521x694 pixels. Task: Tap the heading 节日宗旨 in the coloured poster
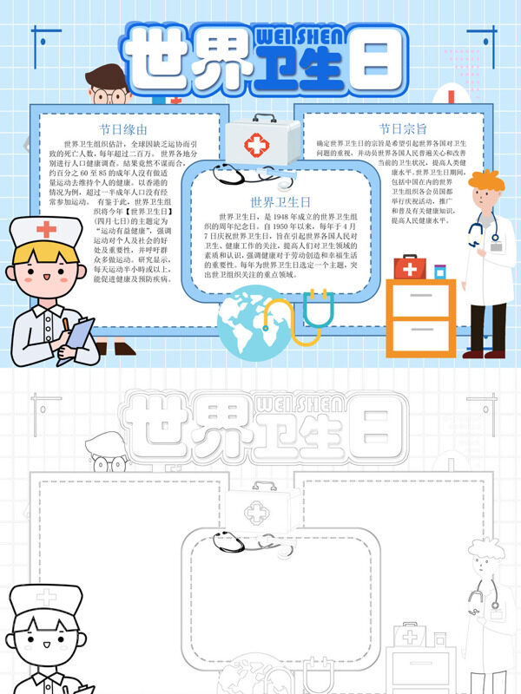(402, 128)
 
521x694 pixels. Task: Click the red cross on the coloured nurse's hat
(45, 230)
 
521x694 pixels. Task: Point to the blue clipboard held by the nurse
(81, 332)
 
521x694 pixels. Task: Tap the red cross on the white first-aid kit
(257, 143)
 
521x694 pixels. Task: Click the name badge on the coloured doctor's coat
(496, 246)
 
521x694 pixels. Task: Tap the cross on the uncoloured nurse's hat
(45, 599)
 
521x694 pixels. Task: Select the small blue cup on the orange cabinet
(439, 272)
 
